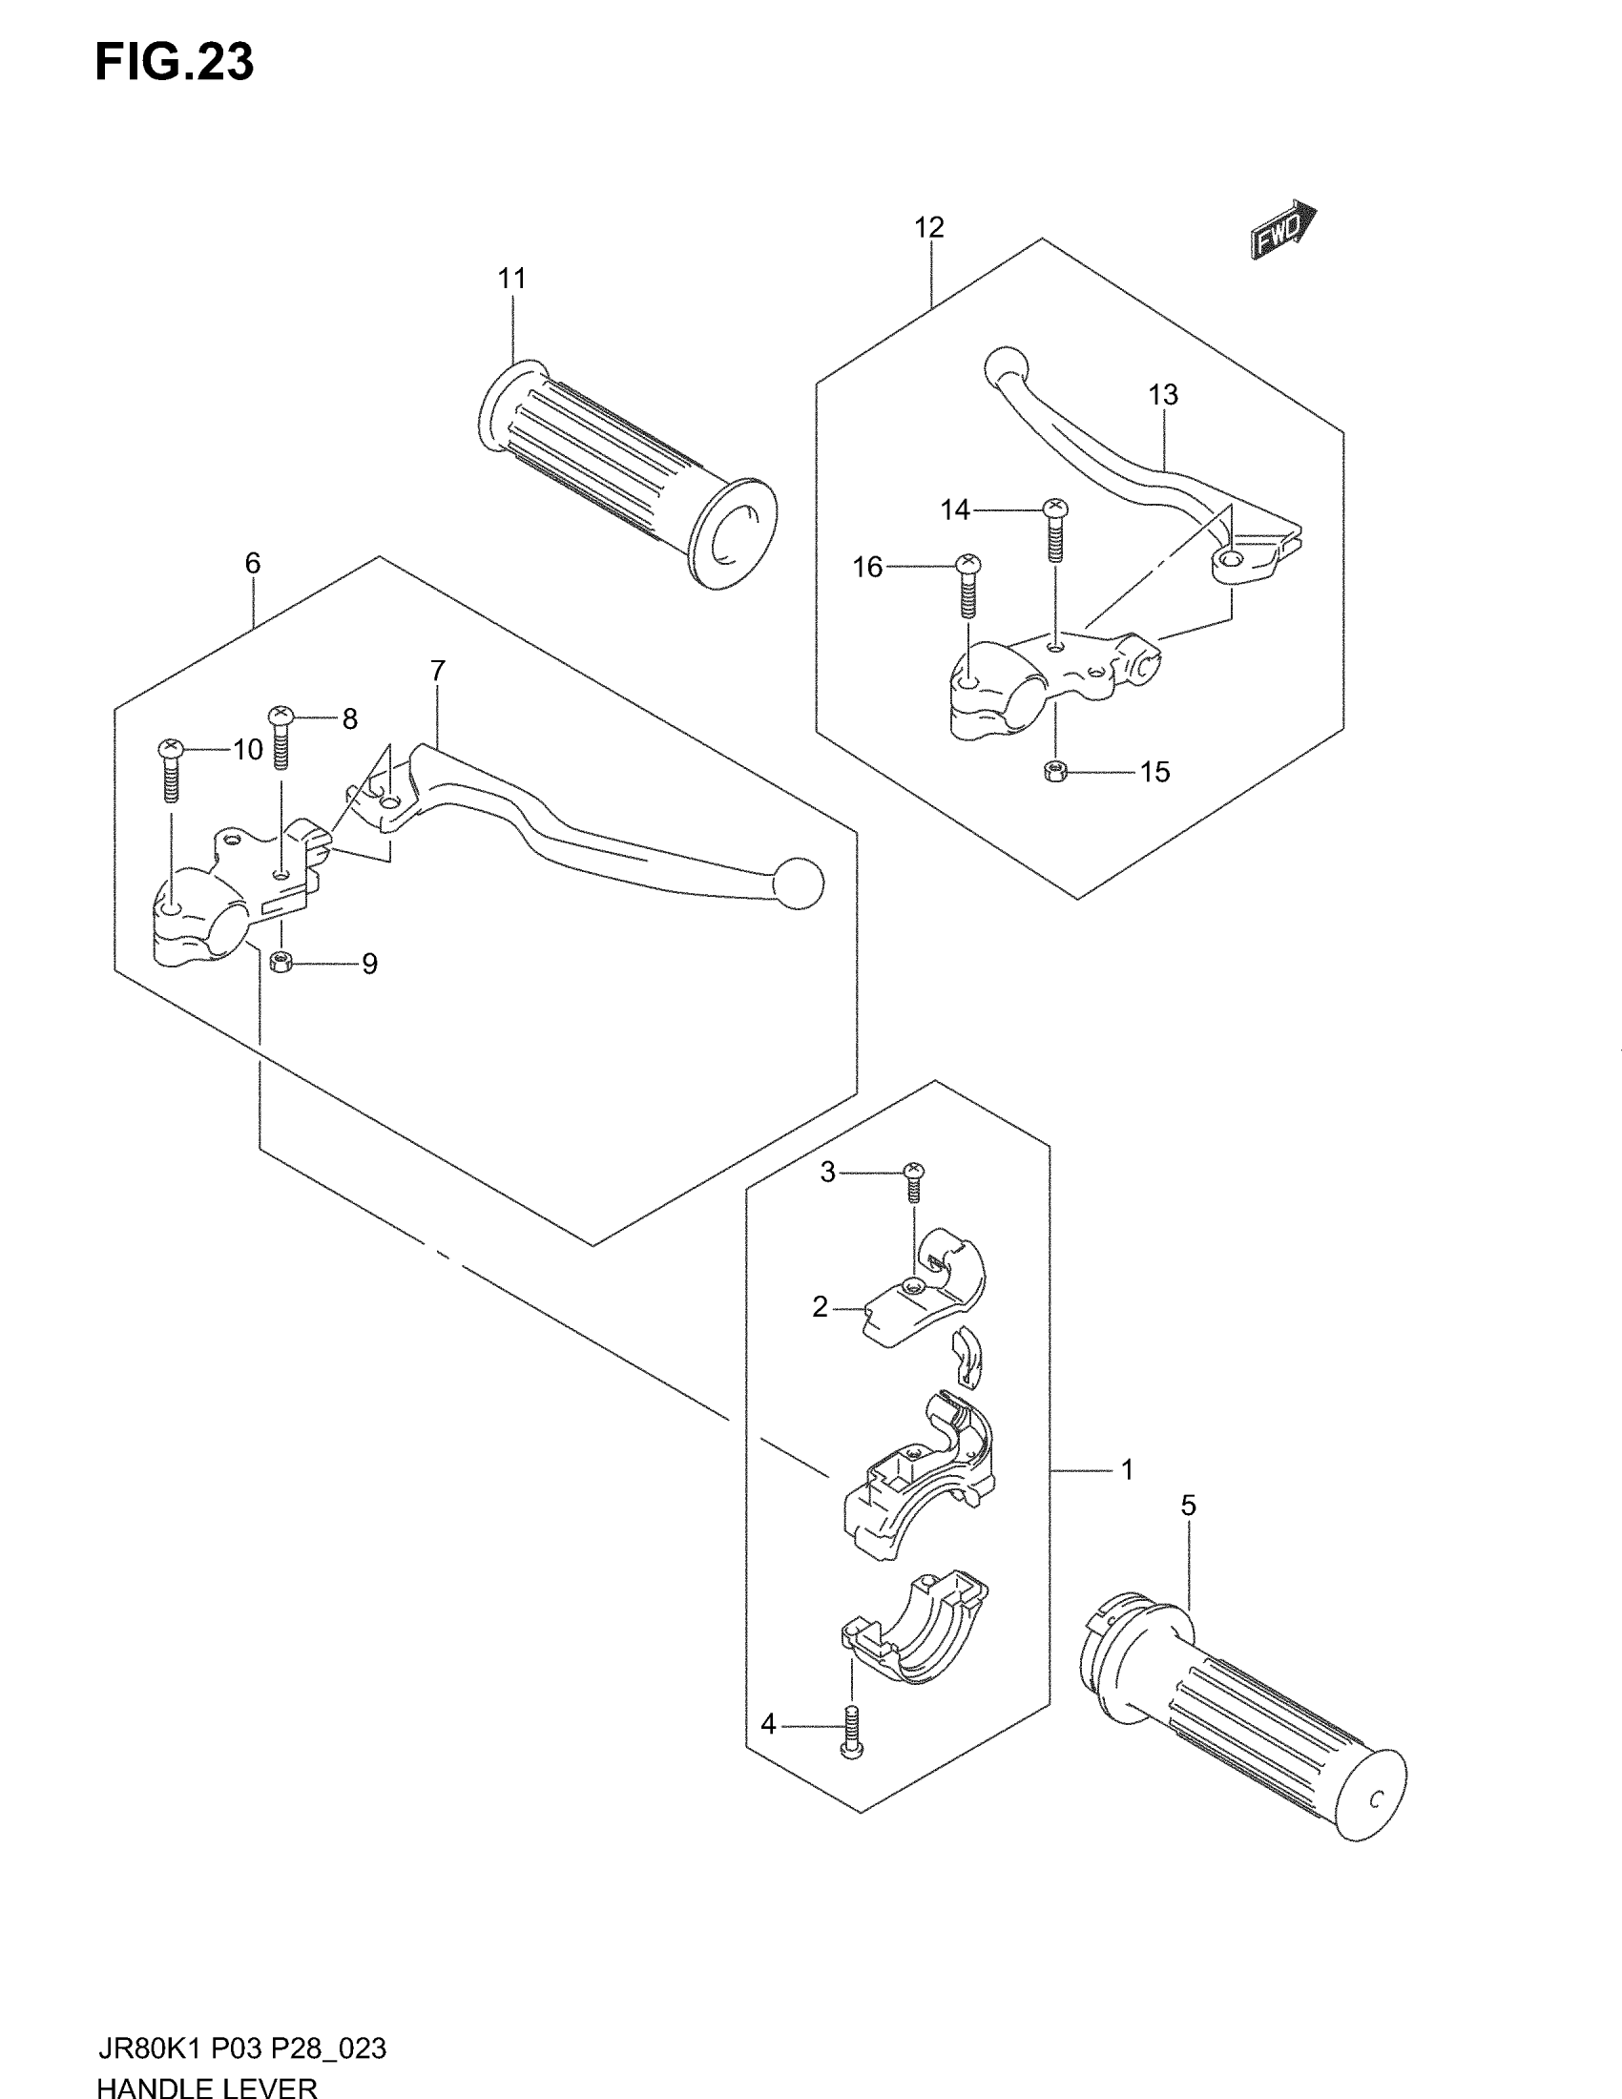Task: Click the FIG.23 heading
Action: (174, 62)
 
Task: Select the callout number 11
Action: (512, 279)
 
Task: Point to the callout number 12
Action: (929, 228)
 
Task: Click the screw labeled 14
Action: (1055, 531)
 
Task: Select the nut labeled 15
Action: (1055, 771)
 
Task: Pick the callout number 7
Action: (438, 671)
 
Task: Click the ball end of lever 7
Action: (801, 883)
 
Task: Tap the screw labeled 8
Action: (281, 738)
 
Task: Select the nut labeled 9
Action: (281, 961)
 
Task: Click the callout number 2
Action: (820, 1307)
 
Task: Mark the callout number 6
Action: (253, 563)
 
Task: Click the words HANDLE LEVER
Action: (207, 2086)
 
